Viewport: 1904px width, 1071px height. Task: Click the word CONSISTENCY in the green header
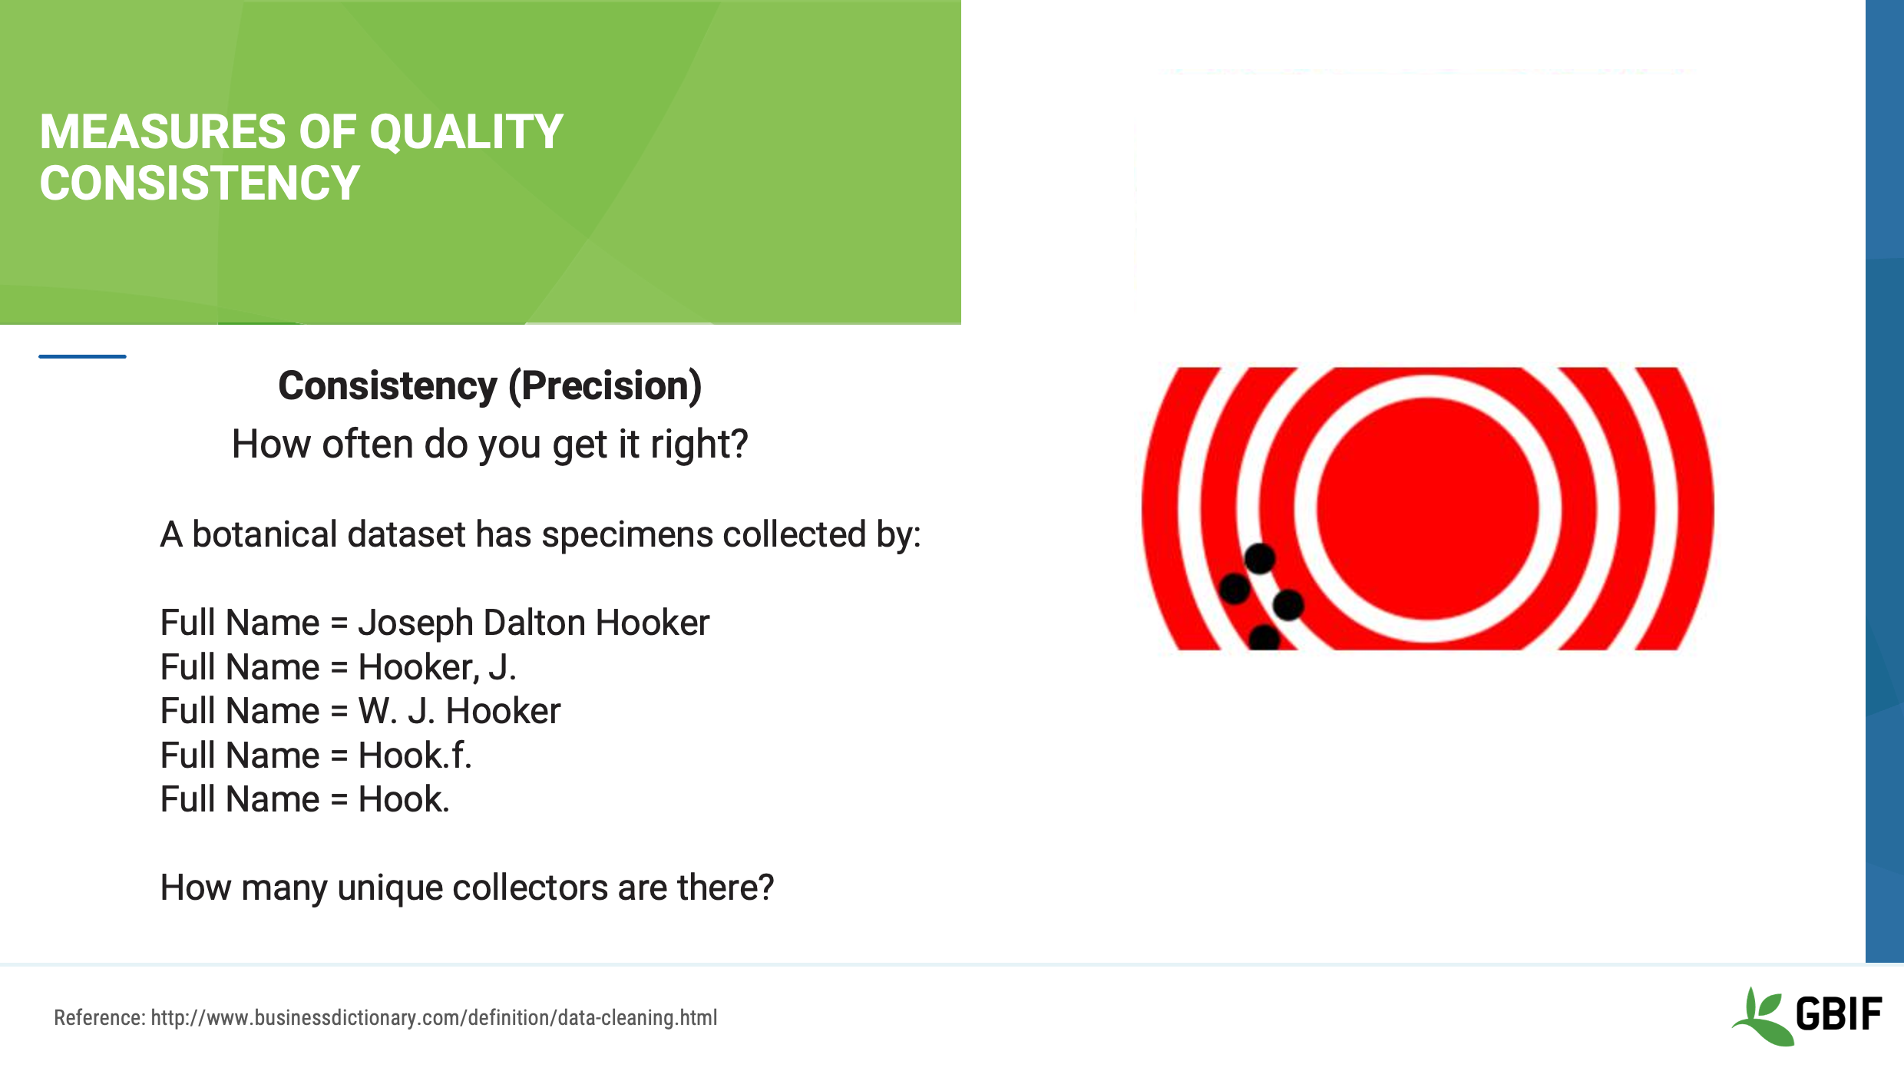200,184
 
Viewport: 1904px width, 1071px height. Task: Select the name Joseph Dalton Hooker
534,623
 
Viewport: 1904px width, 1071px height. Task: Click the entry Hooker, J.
437,667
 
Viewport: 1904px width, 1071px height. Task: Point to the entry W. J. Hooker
459,711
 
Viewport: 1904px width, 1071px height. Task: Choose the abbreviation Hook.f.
415,755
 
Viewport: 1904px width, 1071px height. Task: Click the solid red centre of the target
1427,508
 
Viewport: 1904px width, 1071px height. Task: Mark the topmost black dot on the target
1260,558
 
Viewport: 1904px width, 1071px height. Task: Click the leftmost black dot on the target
1235,589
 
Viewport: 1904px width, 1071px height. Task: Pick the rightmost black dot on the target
1288,604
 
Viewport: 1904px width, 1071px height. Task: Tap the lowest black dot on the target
1264,638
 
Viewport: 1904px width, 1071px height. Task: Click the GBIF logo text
1839,1014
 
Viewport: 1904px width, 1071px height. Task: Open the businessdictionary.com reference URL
434,1018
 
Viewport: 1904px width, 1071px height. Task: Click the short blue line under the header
82,356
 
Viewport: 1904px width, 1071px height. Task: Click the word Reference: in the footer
99,1018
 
